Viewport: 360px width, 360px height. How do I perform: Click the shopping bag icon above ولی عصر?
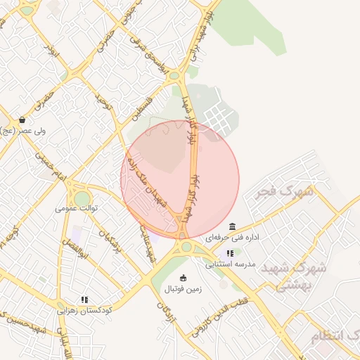(23, 120)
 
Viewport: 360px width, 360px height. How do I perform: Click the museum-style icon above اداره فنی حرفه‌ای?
(233, 226)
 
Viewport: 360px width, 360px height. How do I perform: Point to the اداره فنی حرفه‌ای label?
(233, 238)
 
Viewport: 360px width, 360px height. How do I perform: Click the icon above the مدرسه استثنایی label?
(230, 253)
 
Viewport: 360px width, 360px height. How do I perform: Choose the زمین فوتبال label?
(183, 289)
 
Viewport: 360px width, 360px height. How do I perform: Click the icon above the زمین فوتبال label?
(184, 278)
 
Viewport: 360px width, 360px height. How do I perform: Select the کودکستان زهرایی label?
(85, 310)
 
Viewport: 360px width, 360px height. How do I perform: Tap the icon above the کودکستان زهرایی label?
(85, 300)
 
